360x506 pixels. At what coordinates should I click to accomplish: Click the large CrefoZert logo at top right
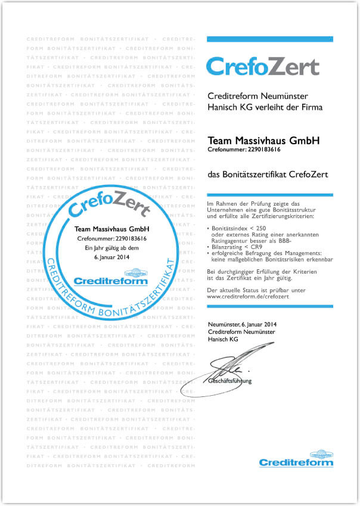coord(262,67)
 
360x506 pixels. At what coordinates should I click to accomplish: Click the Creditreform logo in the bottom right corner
coord(296,460)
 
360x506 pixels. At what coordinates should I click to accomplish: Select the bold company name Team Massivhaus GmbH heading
coord(263,141)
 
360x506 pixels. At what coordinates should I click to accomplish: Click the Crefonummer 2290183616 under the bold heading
coord(244,150)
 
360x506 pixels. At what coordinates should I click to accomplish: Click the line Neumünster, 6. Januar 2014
coord(243,324)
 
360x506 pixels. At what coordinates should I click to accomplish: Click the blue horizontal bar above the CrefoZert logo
coord(269,39)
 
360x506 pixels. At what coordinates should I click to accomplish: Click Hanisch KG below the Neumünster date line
coord(222,339)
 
